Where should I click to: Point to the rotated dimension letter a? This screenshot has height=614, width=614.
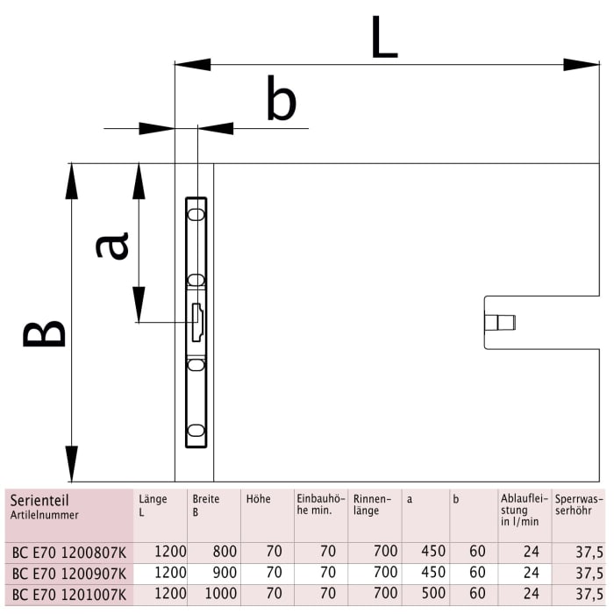click(112, 246)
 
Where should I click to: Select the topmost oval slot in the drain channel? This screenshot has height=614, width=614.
click(196, 213)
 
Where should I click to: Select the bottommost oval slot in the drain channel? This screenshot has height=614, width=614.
click(196, 431)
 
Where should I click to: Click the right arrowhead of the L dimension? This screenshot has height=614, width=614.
click(581, 64)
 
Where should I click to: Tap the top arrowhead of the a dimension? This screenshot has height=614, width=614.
click(138, 182)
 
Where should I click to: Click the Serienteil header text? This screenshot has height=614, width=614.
click(39, 500)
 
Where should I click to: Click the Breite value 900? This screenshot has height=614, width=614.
click(224, 573)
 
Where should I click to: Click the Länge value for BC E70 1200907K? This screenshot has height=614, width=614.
click(170, 573)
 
